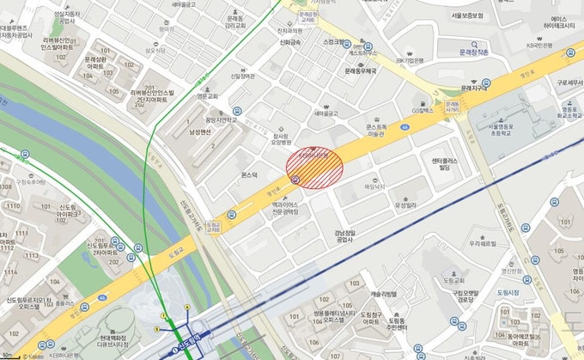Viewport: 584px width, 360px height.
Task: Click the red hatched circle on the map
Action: tap(313, 166)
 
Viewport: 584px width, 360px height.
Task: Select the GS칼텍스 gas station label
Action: tap(424, 110)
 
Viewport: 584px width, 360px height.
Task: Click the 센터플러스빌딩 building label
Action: tap(442, 164)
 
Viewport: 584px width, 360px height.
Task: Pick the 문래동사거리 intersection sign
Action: tap(452, 107)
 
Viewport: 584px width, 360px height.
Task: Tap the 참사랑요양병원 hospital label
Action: tap(281, 141)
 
